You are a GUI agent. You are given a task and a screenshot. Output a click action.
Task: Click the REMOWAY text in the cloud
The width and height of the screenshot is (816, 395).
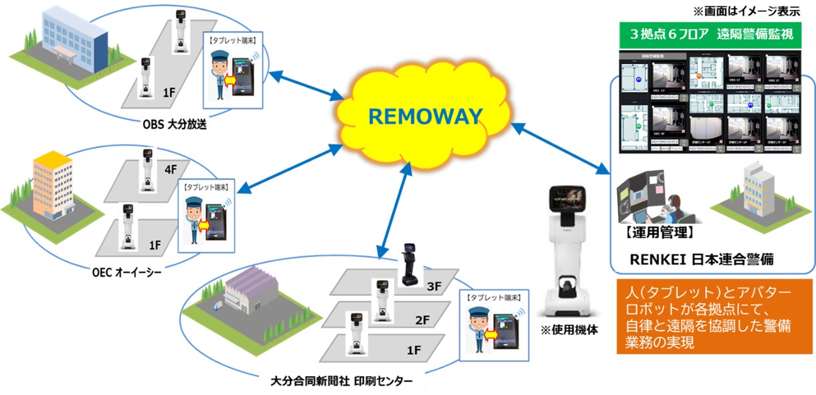point(424,116)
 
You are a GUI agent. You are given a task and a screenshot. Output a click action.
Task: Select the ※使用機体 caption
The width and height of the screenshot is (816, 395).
point(570,330)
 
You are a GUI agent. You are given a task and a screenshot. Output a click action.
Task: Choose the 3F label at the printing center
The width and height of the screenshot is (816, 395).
point(434,288)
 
